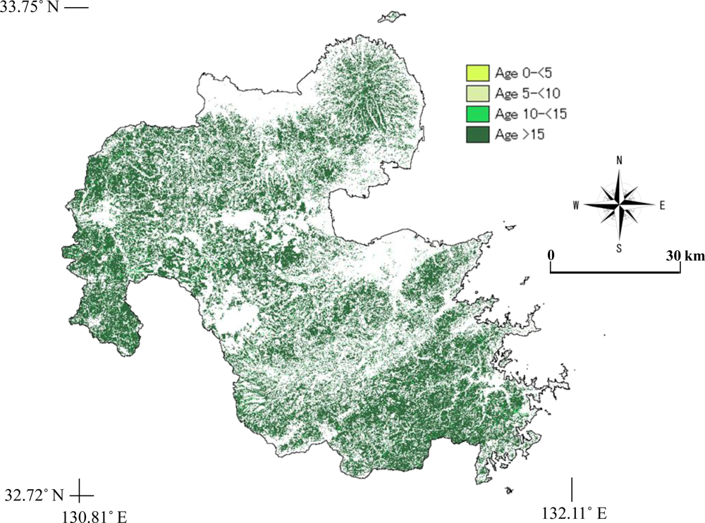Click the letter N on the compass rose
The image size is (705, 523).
point(620,160)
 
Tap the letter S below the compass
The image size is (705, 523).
point(619,247)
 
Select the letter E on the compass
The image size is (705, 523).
point(662,205)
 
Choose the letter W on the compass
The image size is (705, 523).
point(576,205)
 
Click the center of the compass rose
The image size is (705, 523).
point(620,204)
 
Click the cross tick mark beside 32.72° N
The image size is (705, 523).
point(81,492)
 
